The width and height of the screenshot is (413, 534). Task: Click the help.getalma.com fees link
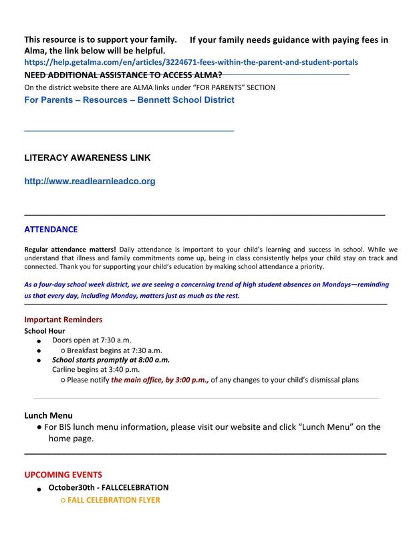[x=191, y=61]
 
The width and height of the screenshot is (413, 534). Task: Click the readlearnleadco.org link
[x=90, y=181]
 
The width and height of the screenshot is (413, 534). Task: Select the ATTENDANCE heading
[x=51, y=230]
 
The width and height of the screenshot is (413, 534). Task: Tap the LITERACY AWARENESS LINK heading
[x=87, y=158]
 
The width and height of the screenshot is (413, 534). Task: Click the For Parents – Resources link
[x=129, y=100]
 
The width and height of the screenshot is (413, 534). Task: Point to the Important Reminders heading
[x=63, y=319]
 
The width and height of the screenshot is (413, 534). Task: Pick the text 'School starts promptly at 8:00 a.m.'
[x=111, y=359]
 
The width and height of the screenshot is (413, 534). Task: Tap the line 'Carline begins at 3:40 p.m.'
[x=96, y=369]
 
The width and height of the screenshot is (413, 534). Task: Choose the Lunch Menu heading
[x=49, y=415]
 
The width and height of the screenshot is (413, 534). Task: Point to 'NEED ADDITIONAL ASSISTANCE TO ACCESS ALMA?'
[x=123, y=75]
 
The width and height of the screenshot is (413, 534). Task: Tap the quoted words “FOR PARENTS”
[x=204, y=87]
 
